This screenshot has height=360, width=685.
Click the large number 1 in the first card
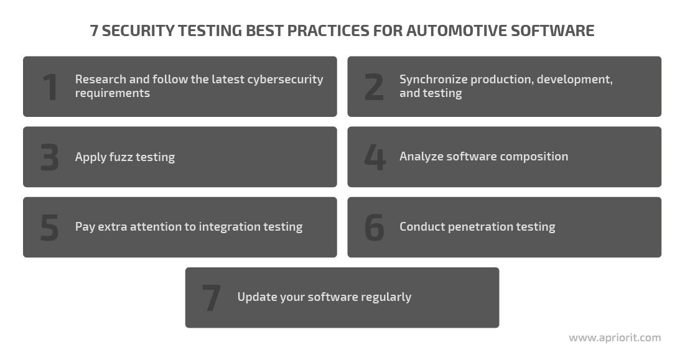pyautogui.click(x=50, y=87)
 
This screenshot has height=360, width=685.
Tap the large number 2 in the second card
pyautogui.click(x=374, y=87)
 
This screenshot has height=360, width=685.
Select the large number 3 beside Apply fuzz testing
pyautogui.click(x=49, y=157)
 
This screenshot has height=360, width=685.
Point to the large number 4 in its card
pyautogui.click(x=375, y=157)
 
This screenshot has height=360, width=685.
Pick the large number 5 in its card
pyautogui.click(x=49, y=228)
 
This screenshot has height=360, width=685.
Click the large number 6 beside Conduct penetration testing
pyautogui.click(x=375, y=228)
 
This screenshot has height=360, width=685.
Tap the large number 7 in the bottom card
pyautogui.click(x=212, y=298)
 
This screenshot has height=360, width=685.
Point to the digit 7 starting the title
pyautogui.click(x=94, y=30)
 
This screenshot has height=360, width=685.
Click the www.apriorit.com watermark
pyautogui.click(x=615, y=338)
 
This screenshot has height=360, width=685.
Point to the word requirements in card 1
pyautogui.click(x=112, y=93)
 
